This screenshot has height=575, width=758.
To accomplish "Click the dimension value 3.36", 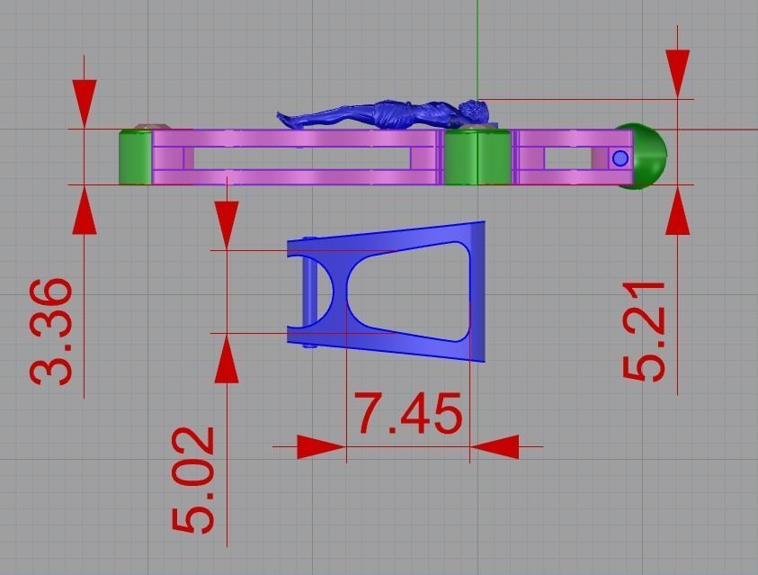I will click(51, 331).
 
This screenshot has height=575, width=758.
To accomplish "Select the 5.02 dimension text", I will click(193, 480).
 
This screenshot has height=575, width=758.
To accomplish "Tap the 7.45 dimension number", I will click(409, 415).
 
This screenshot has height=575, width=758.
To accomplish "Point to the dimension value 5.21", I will click(645, 331).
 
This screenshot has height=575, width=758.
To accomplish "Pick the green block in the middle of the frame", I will click(477, 157).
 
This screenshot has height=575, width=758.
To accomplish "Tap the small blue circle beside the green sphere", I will click(620, 158).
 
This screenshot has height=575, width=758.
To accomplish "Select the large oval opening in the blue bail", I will click(407, 292).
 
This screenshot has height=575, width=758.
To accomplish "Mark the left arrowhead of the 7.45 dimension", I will click(321, 446).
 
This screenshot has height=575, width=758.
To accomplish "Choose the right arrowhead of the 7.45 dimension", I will click(494, 446).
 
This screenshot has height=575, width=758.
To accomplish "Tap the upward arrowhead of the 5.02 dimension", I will click(227, 362).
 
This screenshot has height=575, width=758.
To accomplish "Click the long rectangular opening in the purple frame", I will click(301, 157).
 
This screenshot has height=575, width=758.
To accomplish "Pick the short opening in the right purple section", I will click(567, 157).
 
